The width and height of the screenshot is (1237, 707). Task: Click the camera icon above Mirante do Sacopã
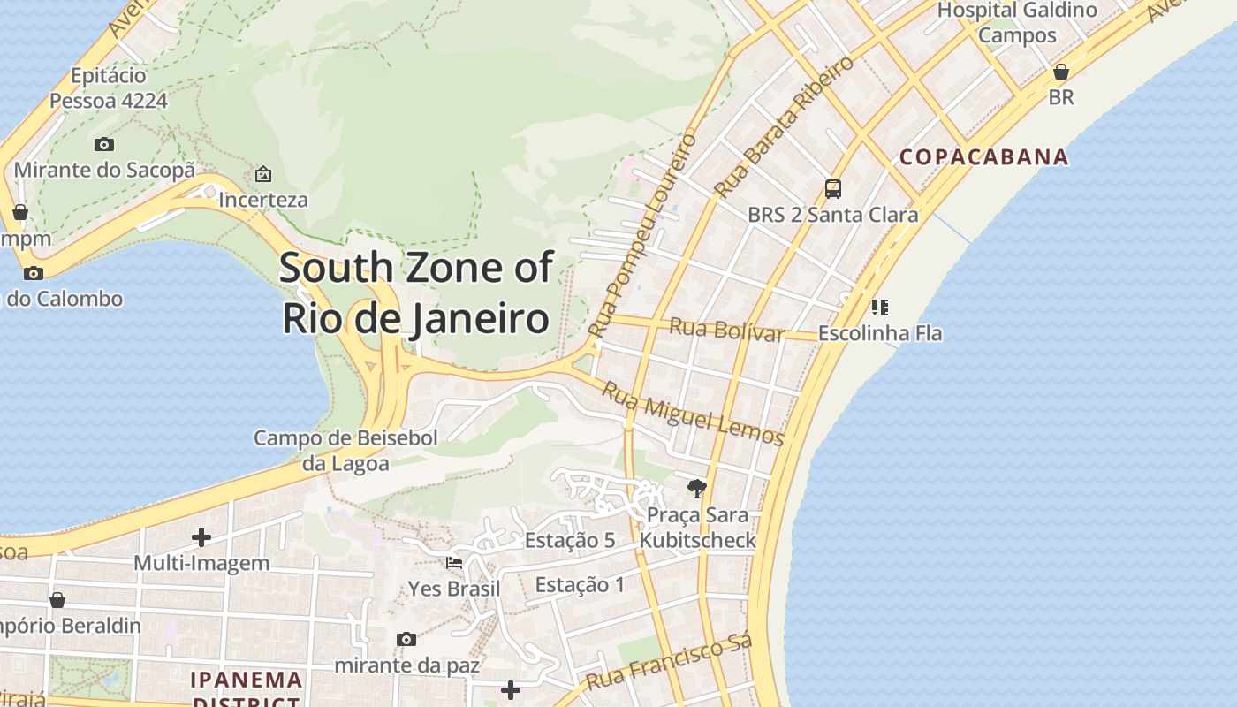pos(104,144)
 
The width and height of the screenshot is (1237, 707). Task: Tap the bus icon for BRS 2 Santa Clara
pos(832,188)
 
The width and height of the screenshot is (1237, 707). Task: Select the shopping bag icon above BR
pos(1060,71)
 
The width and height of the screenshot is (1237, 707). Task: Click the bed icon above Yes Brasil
pos(454,562)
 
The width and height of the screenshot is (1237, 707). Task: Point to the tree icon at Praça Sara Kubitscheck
pos(697,488)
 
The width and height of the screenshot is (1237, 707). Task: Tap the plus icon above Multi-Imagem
pos(201,536)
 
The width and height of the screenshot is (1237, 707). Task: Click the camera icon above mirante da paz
pos(406,639)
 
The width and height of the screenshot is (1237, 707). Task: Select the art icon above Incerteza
pos(262,174)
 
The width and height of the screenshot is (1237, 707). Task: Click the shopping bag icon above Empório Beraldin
pos(57,600)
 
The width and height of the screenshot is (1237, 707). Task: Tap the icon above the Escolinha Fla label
pos(879,308)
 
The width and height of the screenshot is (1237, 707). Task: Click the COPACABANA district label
pos(983,157)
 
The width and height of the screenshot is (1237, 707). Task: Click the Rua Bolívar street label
pos(726,330)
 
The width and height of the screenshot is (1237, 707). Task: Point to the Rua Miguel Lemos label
pos(693,413)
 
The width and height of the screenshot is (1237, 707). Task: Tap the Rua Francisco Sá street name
pos(669,663)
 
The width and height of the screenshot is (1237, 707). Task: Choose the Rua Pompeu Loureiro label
pos(642,234)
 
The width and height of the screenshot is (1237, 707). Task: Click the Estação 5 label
pos(569,540)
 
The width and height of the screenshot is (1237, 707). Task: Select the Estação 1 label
pos(580,584)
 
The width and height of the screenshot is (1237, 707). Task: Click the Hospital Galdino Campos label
pos(1017,23)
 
